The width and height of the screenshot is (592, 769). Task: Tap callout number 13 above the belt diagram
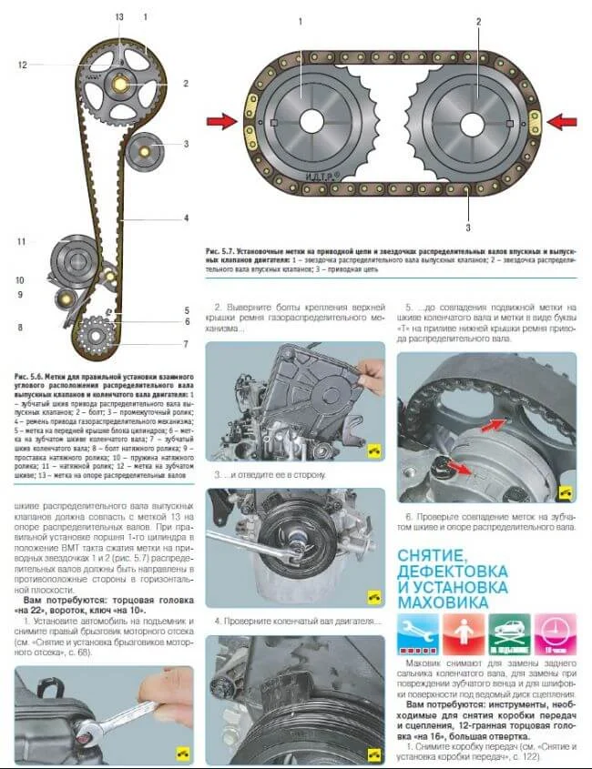[x=118, y=18]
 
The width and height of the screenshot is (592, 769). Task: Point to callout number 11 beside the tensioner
[x=19, y=241]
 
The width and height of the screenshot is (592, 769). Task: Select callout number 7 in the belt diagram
[x=185, y=344]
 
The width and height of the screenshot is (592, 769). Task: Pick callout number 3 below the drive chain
[x=468, y=227]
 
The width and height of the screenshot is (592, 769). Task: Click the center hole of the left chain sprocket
[x=311, y=120]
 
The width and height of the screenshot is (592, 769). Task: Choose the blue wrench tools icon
[x=419, y=633]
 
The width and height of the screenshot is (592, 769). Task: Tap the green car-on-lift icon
[x=510, y=633]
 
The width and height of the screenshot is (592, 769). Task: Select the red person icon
[x=464, y=633]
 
